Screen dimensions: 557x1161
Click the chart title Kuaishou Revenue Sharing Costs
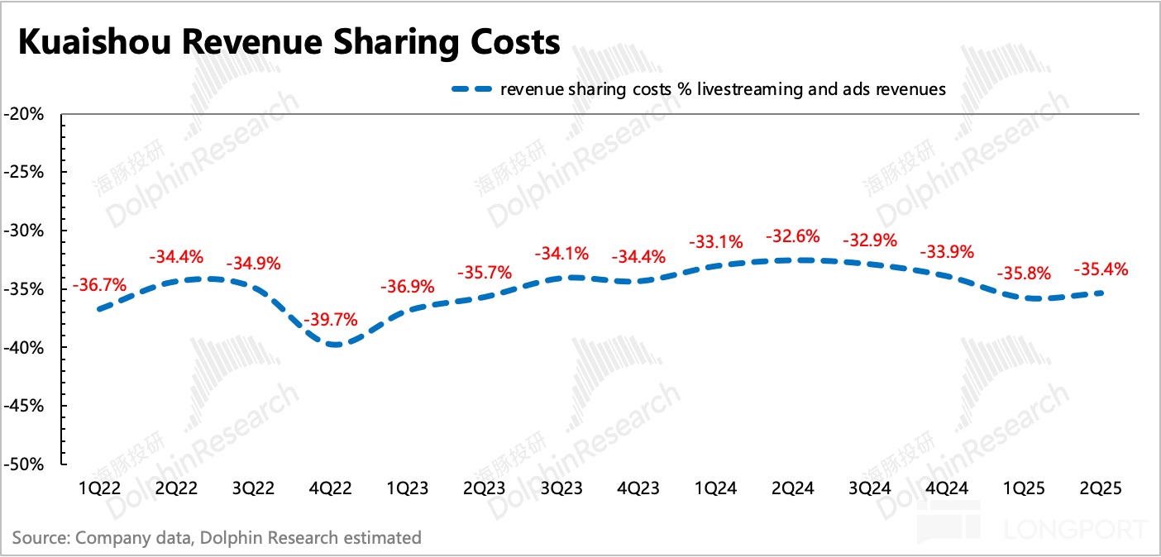click(x=289, y=42)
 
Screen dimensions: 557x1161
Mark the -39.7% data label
click(x=331, y=319)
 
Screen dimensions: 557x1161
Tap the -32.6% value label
click(x=793, y=236)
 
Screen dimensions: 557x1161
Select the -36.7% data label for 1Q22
click(x=99, y=286)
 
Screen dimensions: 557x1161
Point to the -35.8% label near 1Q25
click(x=1022, y=274)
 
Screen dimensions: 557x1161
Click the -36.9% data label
click(x=408, y=288)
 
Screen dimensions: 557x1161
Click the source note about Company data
click(x=217, y=538)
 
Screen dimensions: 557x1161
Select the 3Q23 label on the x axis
click(x=561, y=488)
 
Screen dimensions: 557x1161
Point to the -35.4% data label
click(x=1100, y=269)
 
